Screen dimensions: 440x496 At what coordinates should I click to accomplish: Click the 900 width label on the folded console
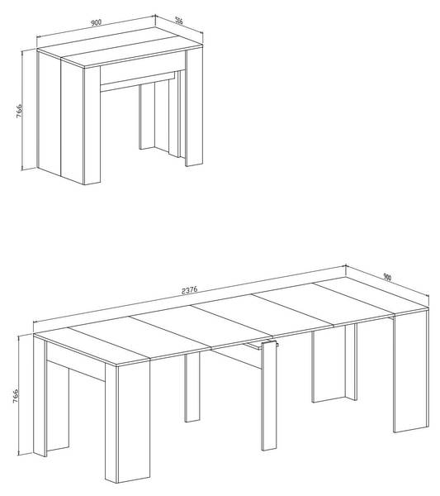[96, 22]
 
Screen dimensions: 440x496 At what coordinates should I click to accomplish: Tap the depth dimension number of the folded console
[179, 21]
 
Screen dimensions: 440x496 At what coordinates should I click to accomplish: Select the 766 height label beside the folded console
[19, 111]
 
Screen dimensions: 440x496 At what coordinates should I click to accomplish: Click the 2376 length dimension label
[190, 290]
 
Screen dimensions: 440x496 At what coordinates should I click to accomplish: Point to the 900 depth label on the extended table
[387, 277]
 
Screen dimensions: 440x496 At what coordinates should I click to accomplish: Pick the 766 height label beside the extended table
[15, 396]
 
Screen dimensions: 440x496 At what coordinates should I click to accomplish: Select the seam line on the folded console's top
[123, 47]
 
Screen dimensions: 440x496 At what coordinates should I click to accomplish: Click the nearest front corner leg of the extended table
[128, 423]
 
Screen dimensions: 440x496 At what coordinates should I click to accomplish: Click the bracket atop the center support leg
[269, 344]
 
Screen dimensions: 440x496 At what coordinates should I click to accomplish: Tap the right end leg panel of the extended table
[411, 372]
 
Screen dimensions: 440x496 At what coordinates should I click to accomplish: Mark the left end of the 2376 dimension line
[34, 322]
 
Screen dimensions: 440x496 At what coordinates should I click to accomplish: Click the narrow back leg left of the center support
[192, 387]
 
